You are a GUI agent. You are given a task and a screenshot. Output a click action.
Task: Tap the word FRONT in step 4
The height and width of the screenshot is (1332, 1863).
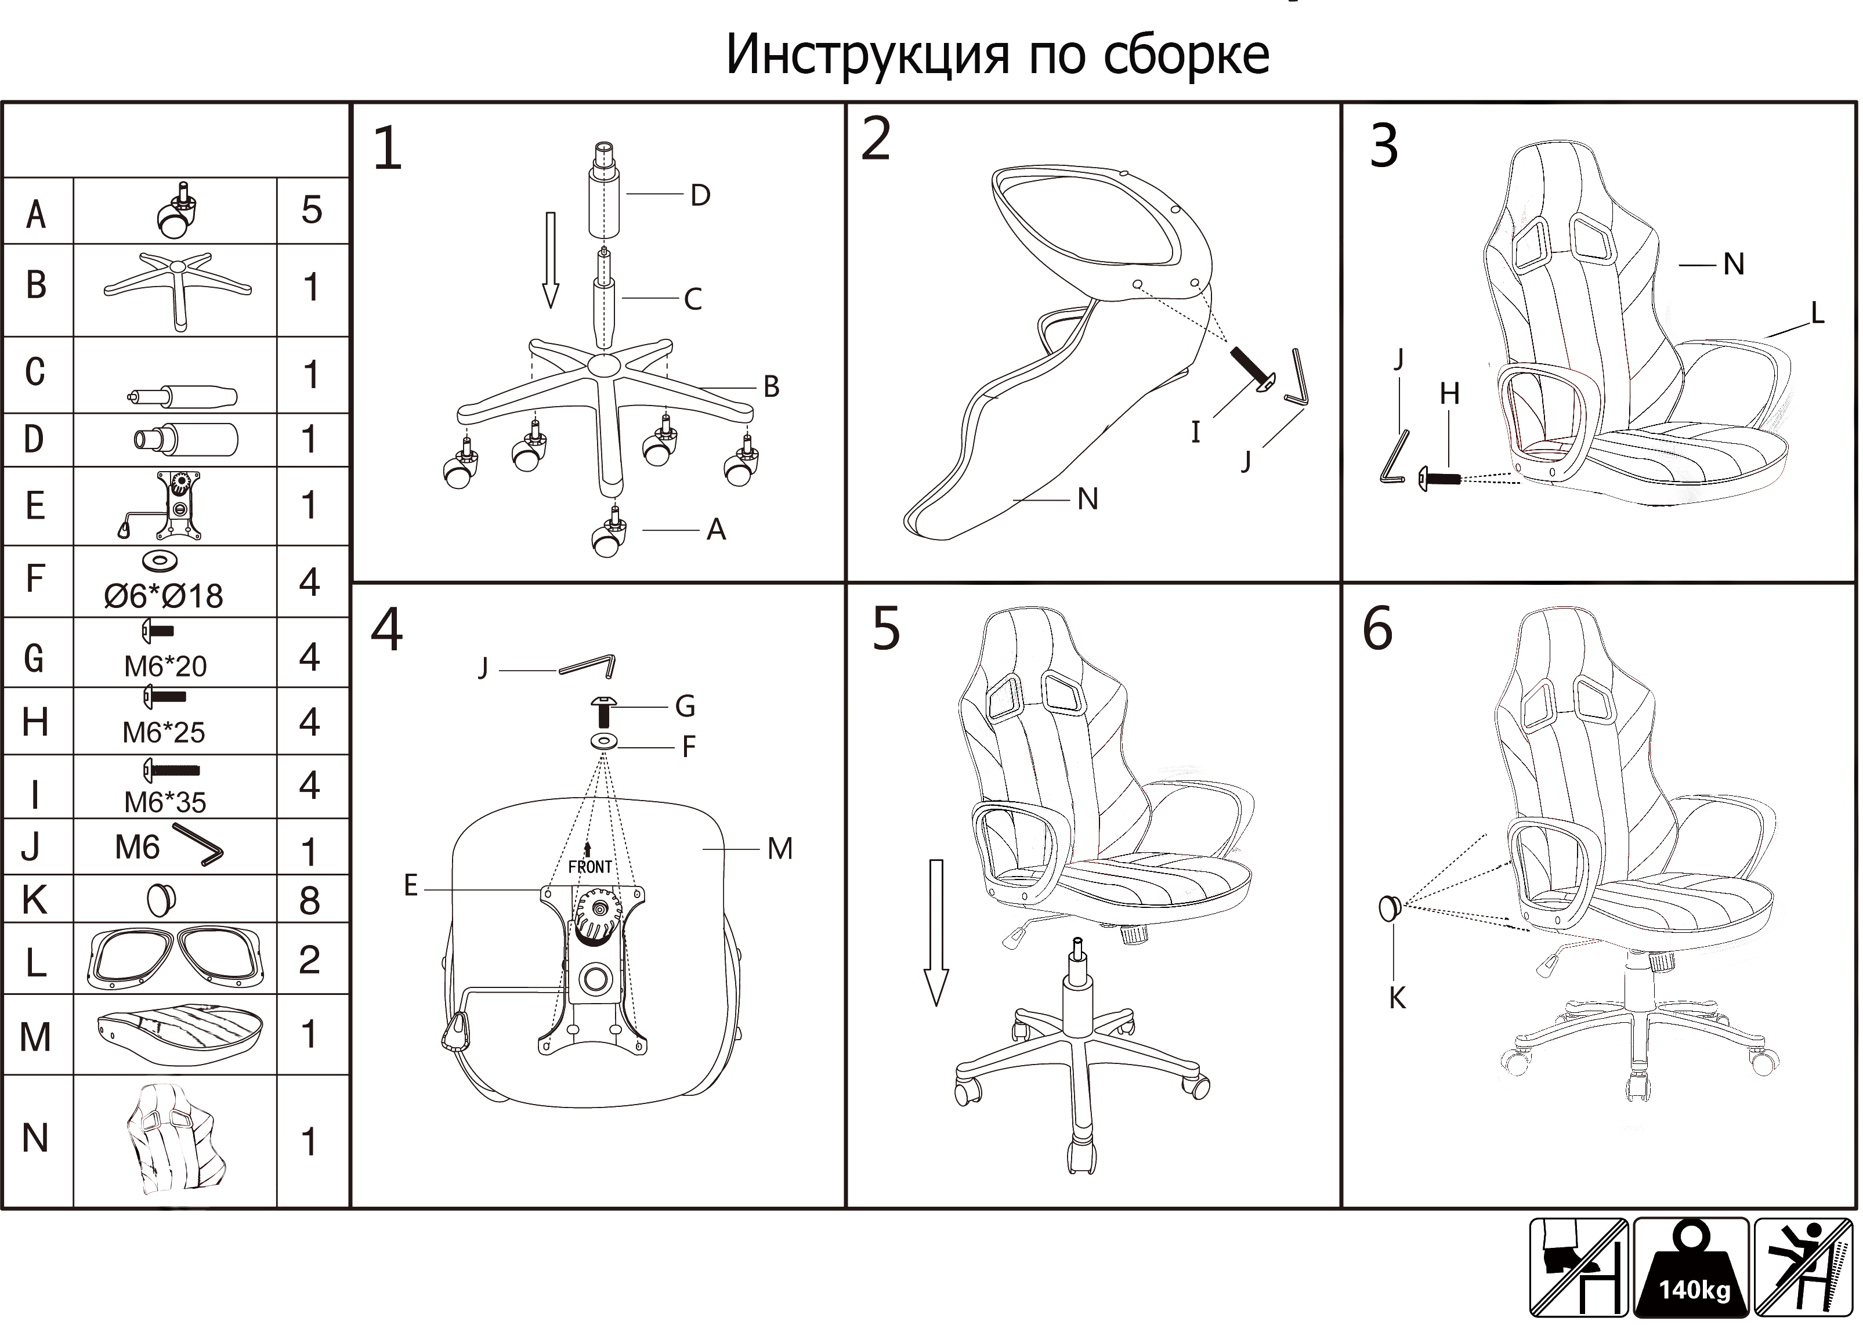(590, 867)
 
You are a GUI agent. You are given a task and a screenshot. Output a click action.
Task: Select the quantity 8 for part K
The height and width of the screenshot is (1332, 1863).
(309, 900)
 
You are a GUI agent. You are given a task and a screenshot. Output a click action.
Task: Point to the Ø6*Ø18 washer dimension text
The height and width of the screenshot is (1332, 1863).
(163, 595)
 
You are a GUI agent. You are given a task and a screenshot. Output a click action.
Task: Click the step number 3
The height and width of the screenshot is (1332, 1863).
(1384, 146)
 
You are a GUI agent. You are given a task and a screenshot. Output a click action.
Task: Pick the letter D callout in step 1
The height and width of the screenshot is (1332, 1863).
(700, 195)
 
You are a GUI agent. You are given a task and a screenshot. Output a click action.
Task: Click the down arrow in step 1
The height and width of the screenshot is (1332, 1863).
(551, 260)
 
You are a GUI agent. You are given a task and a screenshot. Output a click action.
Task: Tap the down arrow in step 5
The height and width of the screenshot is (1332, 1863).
(936, 932)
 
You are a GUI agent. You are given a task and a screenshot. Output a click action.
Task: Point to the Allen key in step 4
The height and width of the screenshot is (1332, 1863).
(587, 665)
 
